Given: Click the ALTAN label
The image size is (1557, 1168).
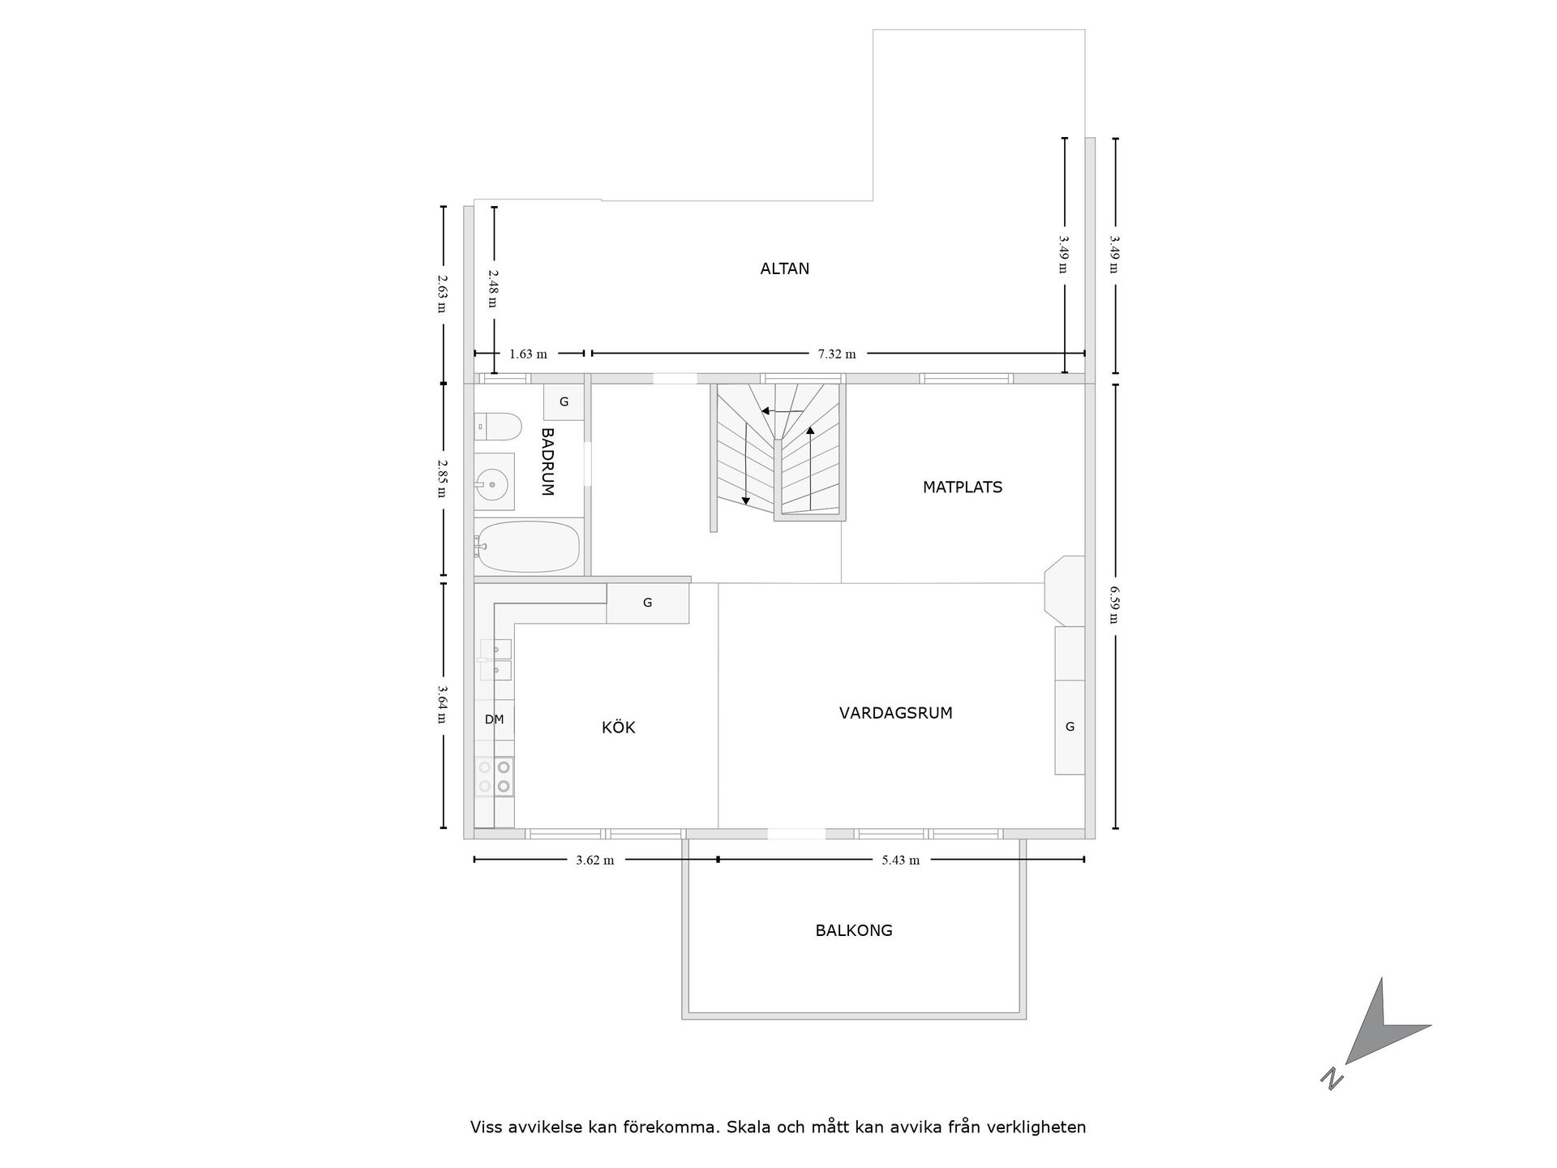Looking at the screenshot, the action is pyautogui.click(x=784, y=268).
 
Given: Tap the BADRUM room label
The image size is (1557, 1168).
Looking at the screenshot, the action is pyautogui.click(x=547, y=462).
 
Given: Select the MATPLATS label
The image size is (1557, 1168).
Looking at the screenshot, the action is pyautogui.click(x=963, y=487).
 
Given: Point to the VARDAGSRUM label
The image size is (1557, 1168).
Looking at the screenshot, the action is pyautogui.click(x=895, y=713).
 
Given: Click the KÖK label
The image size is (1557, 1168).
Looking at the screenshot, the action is pyautogui.click(x=618, y=728).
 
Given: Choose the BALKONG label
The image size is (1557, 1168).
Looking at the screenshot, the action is pyautogui.click(x=854, y=930).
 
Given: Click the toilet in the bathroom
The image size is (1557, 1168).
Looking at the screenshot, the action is pyautogui.click(x=497, y=425).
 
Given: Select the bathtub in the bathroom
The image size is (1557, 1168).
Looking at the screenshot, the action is pyautogui.click(x=527, y=547).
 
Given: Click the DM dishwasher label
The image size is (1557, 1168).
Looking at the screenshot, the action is pyautogui.click(x=494, y=719).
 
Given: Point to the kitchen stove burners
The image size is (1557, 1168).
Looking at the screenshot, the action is pyautogui.click(x=495, y=776).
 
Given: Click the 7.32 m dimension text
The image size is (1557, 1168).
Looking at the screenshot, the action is pyautogui.click(x=837, y=354).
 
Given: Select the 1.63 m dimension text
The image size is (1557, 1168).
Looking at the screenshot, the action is pyautogui.click(x=528, y=354).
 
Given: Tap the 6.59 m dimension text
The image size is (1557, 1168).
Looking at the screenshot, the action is pyautogui.click(x=1114, y=605).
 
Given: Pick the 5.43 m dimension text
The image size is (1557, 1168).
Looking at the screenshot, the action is pyautogui.click(x=901, y=860).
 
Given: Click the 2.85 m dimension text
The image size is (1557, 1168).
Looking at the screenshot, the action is pyautogui.click(x=442, y=479).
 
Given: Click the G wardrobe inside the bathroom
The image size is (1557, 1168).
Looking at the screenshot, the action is pyautogui.click(x=564, y=401).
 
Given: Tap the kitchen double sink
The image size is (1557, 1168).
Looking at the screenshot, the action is pyautogui.click(x=495, y=659).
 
